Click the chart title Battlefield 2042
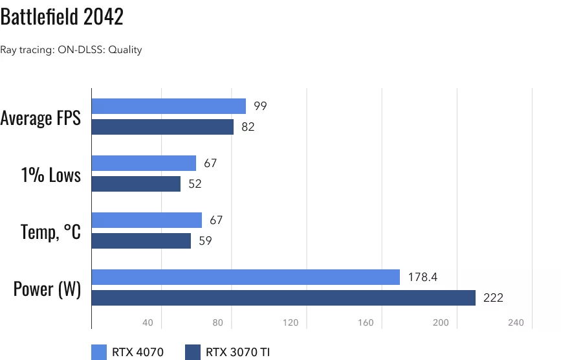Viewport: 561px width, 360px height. (61, 17)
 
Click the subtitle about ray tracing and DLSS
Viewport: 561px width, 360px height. (71, 50)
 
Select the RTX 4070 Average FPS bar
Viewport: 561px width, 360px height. (169, 106)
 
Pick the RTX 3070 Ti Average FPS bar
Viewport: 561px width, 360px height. (162, 127)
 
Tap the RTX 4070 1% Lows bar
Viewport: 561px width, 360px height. (144, 163)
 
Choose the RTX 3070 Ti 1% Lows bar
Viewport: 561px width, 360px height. (136, 184)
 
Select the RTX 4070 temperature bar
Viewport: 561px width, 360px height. (147, 220)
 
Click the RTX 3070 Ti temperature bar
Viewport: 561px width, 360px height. (141, 241)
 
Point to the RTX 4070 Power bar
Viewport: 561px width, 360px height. (246, 277)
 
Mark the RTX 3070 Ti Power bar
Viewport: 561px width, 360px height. (283, 298)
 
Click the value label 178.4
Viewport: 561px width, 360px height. (423, 277)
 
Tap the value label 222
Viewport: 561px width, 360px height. (493, 298)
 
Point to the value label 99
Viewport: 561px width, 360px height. (260, 106)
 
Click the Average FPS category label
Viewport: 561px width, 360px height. (41, 118)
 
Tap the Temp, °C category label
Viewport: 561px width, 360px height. (50, 231)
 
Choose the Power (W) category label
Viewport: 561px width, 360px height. (47, 288)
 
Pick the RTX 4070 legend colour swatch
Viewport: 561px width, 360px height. (99, 352)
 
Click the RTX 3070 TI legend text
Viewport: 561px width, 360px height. (237, 352)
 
